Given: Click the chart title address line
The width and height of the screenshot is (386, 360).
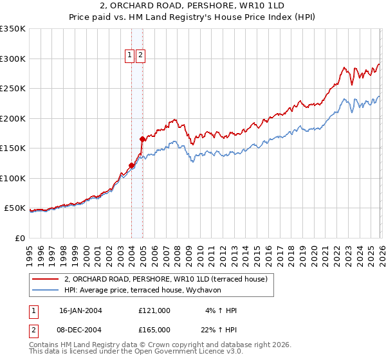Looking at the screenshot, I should [192, 6].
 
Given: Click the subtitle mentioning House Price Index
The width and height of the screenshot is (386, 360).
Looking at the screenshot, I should [192, 17].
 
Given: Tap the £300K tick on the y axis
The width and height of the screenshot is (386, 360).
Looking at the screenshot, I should [13, 59].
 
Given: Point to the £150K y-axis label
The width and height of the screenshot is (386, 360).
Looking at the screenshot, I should [13, 148].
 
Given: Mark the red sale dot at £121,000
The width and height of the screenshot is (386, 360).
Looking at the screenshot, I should [132, 165].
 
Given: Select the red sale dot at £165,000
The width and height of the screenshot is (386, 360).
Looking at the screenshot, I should [142, 139].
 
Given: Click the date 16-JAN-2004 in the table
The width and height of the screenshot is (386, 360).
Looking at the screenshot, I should [80, 310].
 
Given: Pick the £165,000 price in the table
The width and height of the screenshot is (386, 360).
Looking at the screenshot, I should [154, 330].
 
